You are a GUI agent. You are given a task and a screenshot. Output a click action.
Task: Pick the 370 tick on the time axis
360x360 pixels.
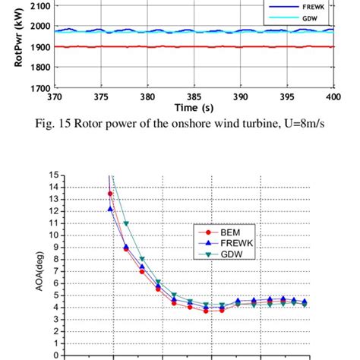55,96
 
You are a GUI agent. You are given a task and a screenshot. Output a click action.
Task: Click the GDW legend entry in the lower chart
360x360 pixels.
226,254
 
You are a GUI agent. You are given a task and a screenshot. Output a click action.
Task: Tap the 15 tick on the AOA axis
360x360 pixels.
54,176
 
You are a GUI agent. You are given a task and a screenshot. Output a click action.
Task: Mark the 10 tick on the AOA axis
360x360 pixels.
54,235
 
